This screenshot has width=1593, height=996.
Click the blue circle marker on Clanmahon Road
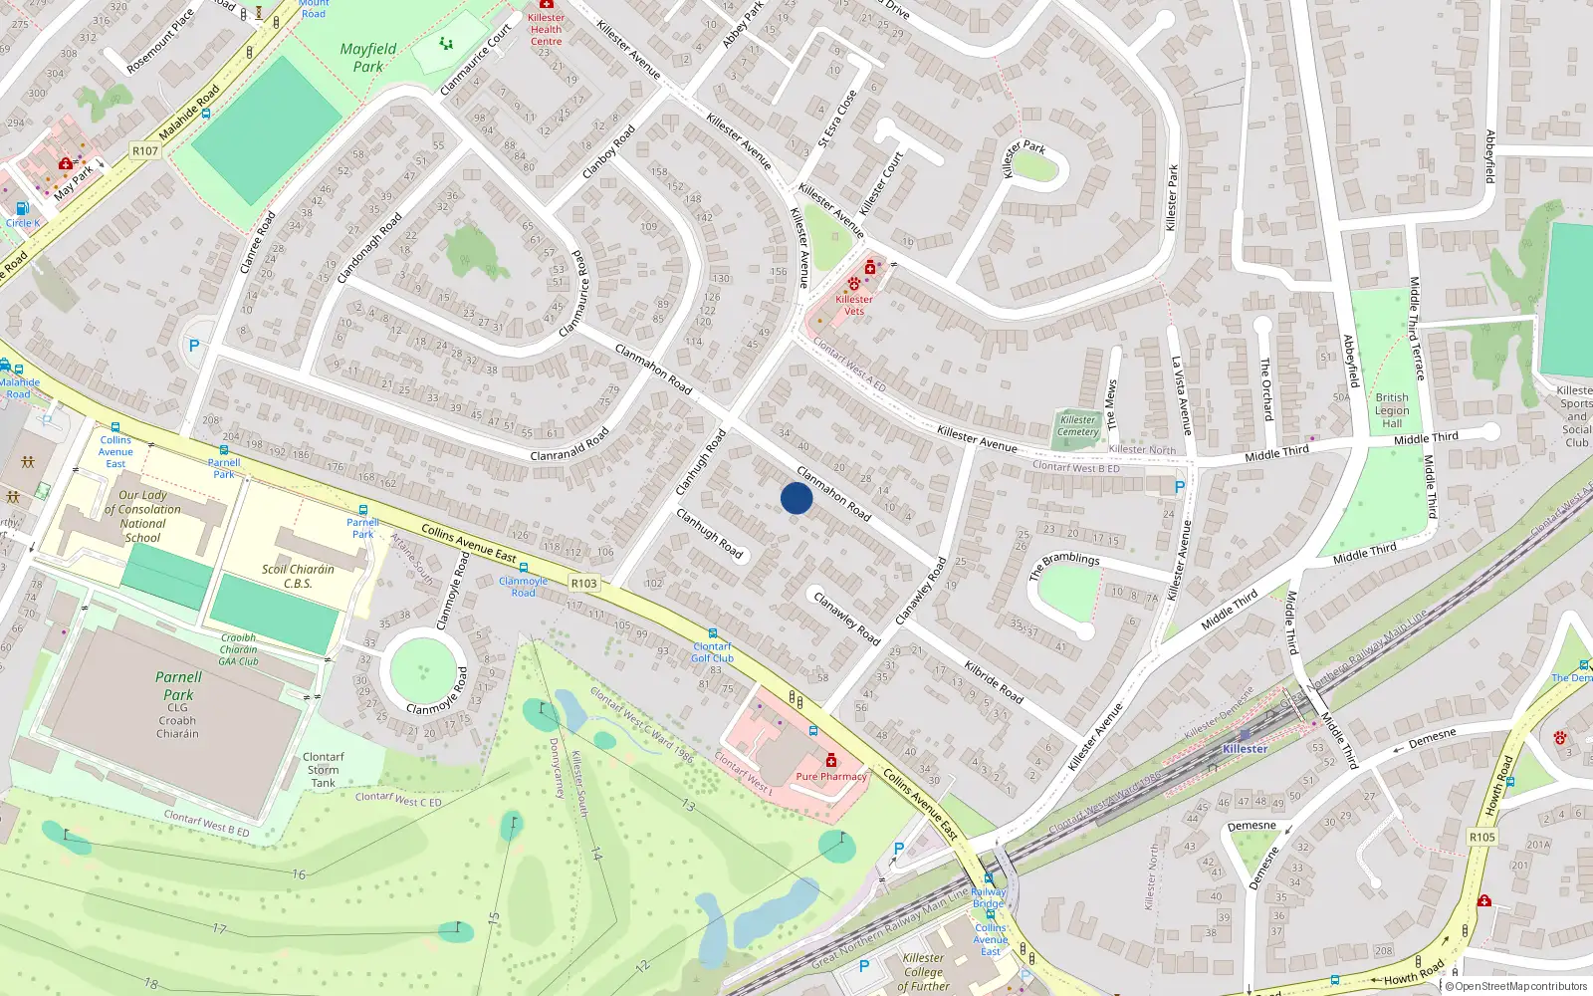[x=796, y=498]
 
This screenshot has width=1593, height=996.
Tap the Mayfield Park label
[x=368, y=58]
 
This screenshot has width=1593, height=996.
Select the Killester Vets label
[x=854, y=305]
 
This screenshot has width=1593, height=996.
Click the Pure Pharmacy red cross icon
[x=831, y=761]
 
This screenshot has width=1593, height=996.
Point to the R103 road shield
[x=584, y=584]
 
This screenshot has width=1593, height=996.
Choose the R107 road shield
[x=145, y=151]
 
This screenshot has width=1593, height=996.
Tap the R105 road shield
[x=1481, y=837]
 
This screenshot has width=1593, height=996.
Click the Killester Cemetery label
[x=1077, y=426]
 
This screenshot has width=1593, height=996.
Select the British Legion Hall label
[x=1392, y=410]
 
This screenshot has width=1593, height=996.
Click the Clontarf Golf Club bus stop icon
[x=713, y=633]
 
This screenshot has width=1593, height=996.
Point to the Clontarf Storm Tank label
[x=323, y=770]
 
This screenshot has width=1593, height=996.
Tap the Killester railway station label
[x=1246, y=749]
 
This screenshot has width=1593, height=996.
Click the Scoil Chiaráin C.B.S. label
[x=298, y=577]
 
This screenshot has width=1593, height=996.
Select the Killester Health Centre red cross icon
[x=546, y=5]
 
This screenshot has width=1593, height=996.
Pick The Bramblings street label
[x=1064, y=566]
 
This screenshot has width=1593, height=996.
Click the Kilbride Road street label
[x=994, y=681]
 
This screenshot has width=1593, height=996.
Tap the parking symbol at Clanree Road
[x=194, y=346]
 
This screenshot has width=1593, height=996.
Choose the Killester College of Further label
[x=923, y=972]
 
